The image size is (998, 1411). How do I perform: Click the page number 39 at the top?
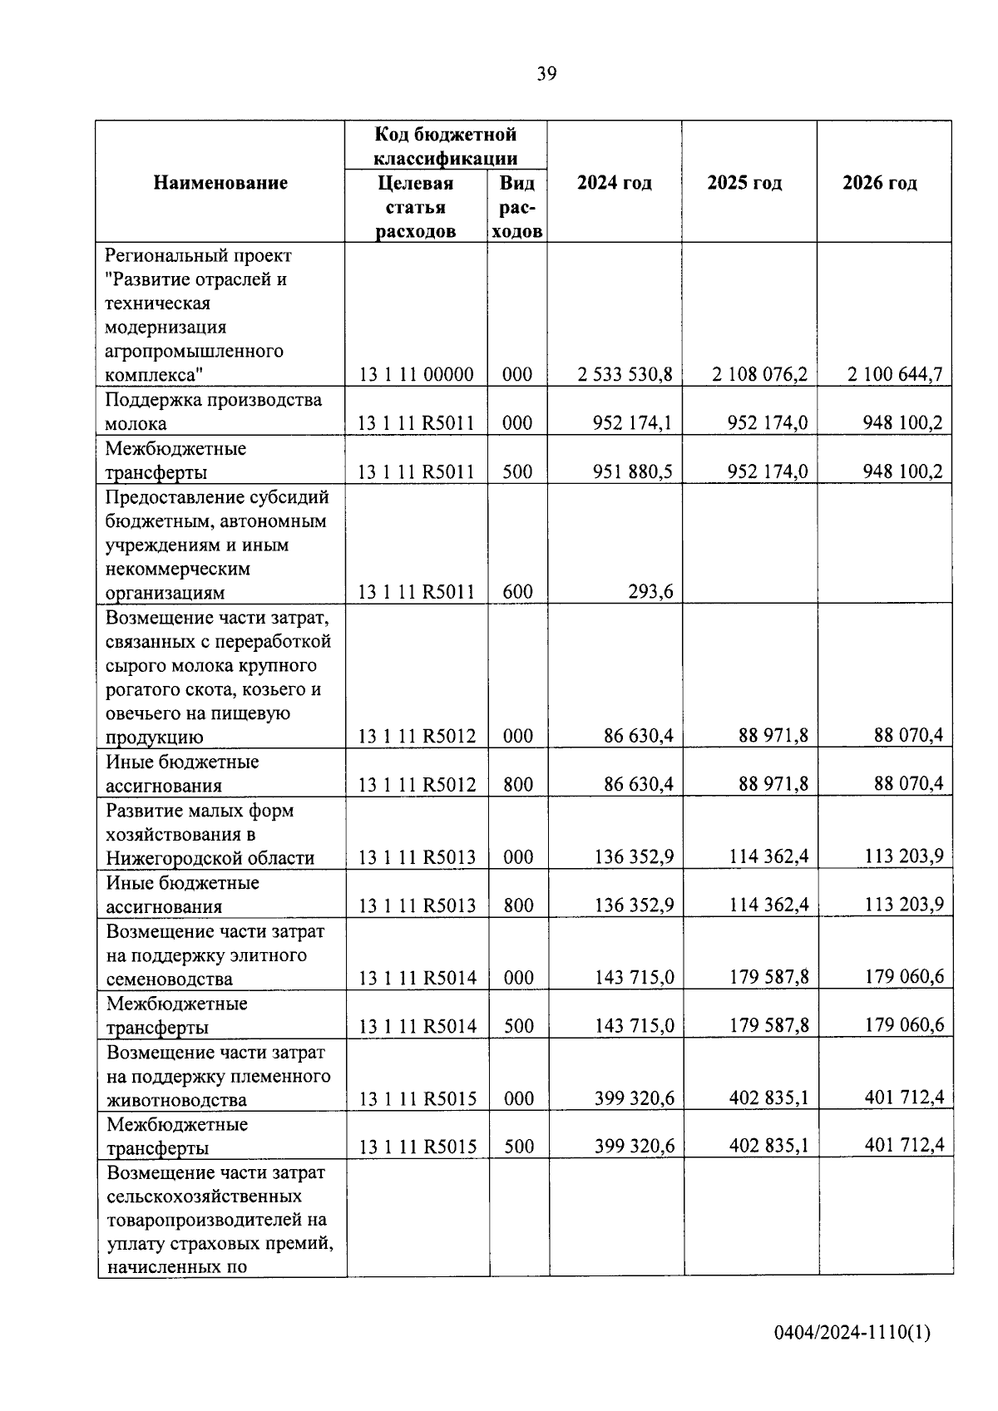[x=546, y=74]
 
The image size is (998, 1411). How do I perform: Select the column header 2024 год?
[x=614, y=183]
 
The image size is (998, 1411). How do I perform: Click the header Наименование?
[x=220, y=183]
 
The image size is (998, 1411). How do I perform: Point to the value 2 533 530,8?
[x=625, y=374]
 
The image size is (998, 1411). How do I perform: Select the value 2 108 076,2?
[x=759, y=374]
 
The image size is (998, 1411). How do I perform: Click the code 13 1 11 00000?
[x=416, y=375]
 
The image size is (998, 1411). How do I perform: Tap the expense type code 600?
[x=517, y=592]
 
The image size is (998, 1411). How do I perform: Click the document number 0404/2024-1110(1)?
[x=852, y=1333]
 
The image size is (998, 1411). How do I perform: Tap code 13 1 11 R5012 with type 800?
[x=417, y=785]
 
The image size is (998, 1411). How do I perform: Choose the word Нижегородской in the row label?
[x=166, y=858]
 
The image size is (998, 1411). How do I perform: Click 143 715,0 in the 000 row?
[x=634, y=977]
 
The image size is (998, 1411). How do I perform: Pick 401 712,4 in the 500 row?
[x=904, y=1146]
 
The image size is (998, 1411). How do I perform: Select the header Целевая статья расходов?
[x=415, y=207]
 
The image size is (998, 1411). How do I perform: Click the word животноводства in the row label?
[x=176, y=1100]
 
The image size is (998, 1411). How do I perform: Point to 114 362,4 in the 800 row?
[x=768, y=905]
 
